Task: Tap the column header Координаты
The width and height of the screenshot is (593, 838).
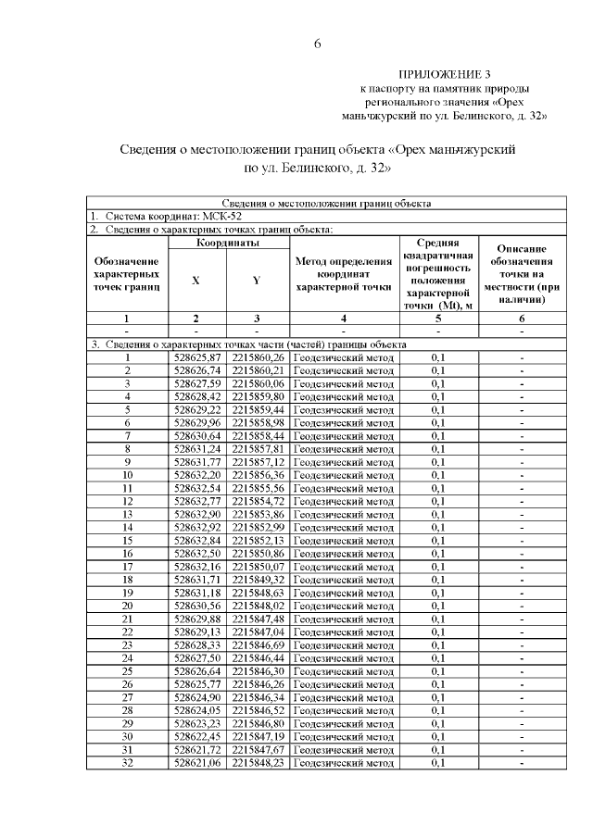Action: [x=227, y=243]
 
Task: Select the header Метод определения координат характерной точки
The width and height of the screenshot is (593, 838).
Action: [x=343, y=274]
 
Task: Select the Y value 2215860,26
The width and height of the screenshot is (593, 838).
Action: [x=258, y=357]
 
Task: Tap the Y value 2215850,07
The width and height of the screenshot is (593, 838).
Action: [x=258, y=566]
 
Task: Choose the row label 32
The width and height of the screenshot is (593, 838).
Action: [x=127, y=762]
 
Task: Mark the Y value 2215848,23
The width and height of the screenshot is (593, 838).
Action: [x=258, y=762]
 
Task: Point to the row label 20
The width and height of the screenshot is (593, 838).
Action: [x=127, y=606]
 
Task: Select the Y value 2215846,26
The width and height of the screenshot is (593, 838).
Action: [x=258, y=683]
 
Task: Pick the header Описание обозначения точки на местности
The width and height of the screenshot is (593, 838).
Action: [x=521, y=274]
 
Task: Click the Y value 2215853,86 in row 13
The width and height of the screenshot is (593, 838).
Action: [x=258, y=514]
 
